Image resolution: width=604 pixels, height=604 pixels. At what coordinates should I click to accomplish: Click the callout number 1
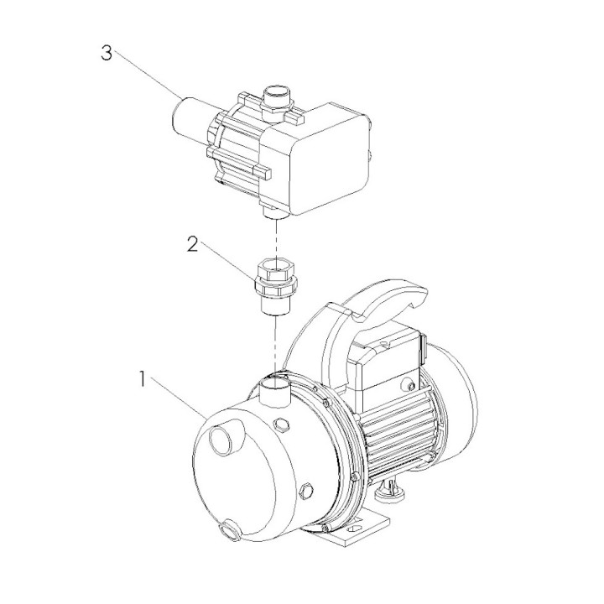tap(143, 379)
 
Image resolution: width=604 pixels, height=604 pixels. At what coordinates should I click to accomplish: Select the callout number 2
tap(193, 244)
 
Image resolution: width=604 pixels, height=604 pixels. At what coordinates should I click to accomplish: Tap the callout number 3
tap(107, 53)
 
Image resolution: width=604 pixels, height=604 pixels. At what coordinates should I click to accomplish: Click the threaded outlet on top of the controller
tap(278, 102)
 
